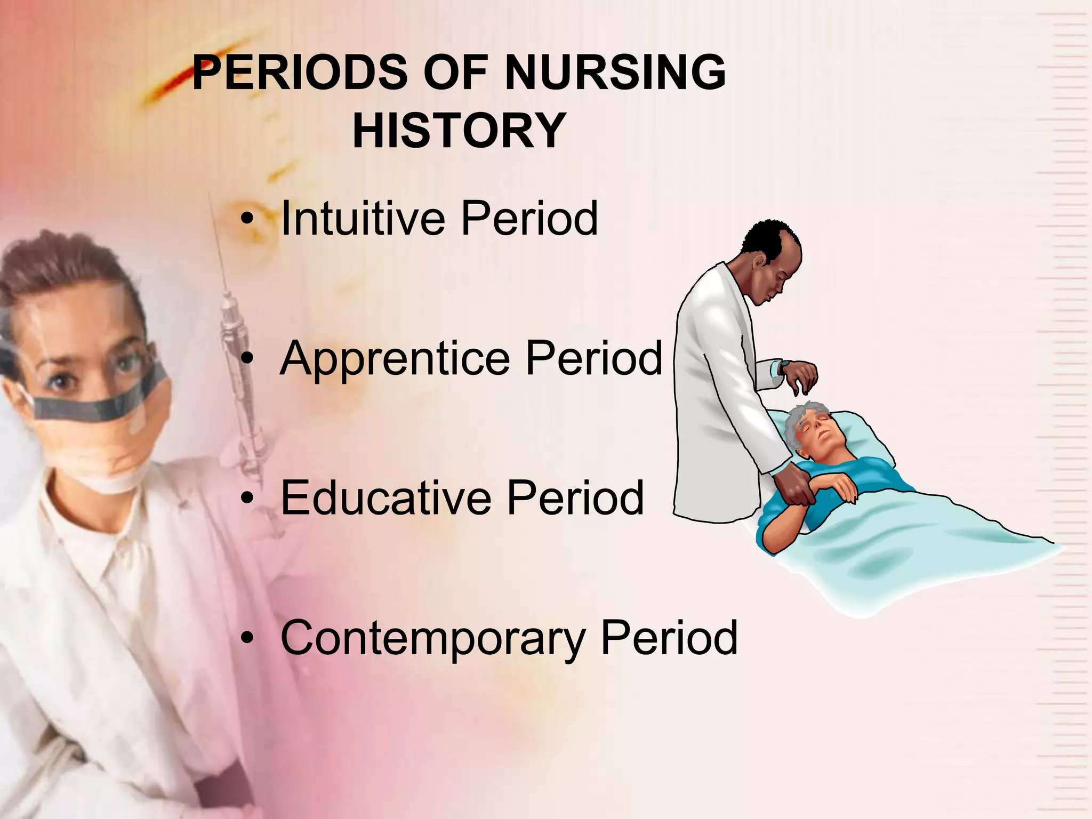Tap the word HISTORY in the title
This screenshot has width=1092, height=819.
coord(459,131)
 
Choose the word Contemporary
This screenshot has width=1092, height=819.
coord(432,638)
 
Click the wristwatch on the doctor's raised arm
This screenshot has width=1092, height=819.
coord(784,368)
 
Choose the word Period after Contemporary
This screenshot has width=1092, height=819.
coord(669,638)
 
